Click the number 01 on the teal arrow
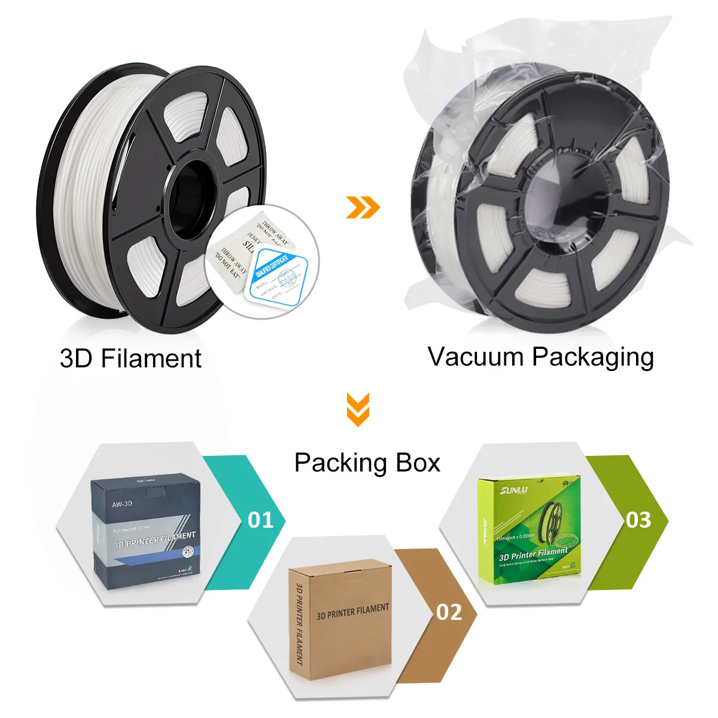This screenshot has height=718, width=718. [260, 520]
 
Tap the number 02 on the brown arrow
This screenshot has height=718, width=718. [449, 612]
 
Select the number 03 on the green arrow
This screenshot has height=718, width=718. [638, 520]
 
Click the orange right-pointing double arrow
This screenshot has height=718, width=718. [363, 208]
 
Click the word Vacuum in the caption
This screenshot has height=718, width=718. [476, 357]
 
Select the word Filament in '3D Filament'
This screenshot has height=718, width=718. [151, 359]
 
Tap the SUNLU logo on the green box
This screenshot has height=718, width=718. [514, 491]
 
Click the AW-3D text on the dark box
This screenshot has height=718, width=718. [122, 504]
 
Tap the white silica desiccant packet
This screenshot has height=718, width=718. [239, 251]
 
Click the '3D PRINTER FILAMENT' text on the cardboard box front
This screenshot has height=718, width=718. [352, 611]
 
